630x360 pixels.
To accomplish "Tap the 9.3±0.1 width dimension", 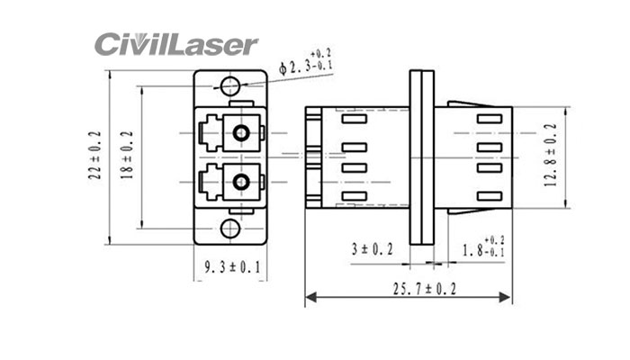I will pyautogui.click(x=231, y=266).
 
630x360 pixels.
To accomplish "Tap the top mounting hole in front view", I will pyautogui.click(x=230, y=86).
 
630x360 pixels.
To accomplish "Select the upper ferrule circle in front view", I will pyautogui.click(x=240, y=135).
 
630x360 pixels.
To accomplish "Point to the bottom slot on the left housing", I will pyautogui.click(x=355, y=194).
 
